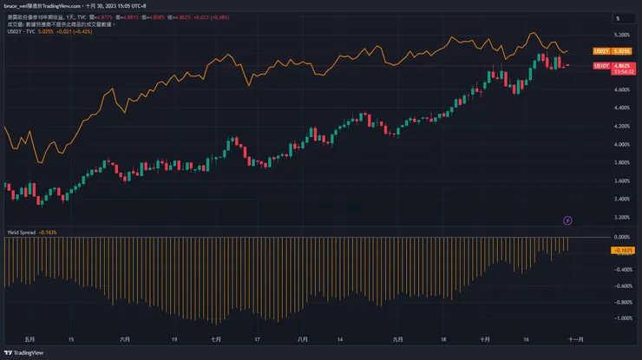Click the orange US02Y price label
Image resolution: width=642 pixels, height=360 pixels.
[600, 52]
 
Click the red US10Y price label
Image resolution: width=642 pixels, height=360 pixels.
[600, 66]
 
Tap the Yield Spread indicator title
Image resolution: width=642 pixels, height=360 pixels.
[19, 232]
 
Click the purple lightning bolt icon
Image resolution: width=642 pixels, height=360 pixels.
[568, 220]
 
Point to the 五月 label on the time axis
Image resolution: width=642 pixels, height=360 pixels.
[32, 339]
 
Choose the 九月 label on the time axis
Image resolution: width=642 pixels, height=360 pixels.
[399, 339]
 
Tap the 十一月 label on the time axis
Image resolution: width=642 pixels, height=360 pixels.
[576, 339]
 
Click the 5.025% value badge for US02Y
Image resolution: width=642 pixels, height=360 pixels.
[621, 52]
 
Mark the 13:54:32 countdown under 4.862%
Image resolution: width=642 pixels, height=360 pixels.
[621, 71]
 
